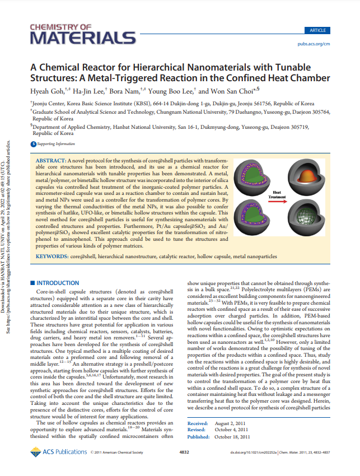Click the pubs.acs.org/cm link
[314, 43]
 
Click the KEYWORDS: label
[53, 256]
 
